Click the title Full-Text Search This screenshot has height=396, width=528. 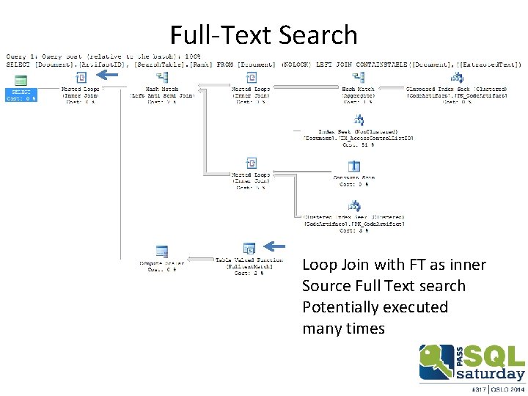[x=264, y=34]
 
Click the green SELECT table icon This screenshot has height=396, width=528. [x=21, y=80]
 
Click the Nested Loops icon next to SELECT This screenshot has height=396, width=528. [x=81, y=77]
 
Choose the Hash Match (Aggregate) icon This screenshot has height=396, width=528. [x=359, y=77]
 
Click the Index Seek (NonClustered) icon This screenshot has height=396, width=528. [x=359, y=120]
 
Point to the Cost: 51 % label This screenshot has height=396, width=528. [x=359, y=144]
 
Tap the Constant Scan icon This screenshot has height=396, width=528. [x=353, y=166]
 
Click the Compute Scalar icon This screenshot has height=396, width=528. [x=162, y=252]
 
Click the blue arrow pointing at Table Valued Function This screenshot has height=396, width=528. [x=276, y=246]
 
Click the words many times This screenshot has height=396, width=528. [x=343, y=328]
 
